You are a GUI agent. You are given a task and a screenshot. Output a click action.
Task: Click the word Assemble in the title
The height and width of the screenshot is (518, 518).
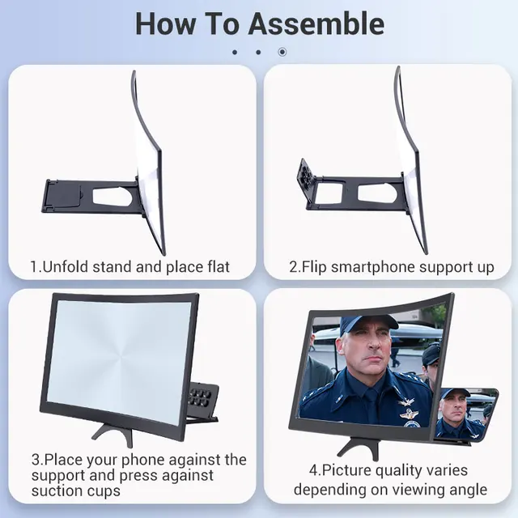point(316,23)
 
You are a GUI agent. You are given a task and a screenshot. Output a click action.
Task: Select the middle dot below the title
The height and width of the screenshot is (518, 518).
point(258,52)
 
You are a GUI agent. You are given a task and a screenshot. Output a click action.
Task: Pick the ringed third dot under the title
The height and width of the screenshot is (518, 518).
point(282,52)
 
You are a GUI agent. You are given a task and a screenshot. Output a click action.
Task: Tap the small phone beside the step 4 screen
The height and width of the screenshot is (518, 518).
point(466,415)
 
